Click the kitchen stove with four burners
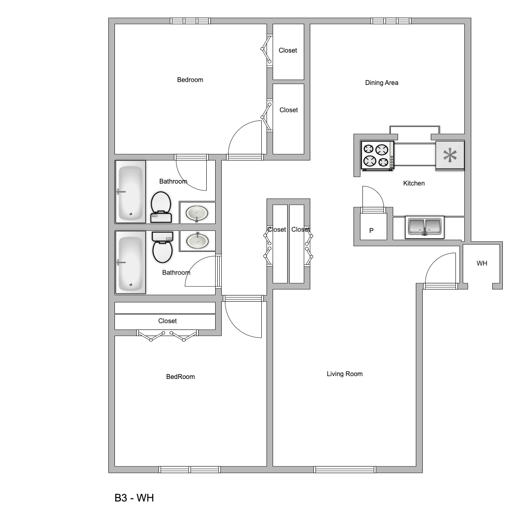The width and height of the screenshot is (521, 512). pyautogui.click(x=377, y=156)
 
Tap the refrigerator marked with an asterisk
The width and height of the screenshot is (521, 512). pyautogui.click(x=449, y=156)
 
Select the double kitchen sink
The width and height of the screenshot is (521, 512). pyautogui.click(x=424, y=226)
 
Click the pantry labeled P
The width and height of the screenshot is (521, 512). pyautogui.click(x=371, y=231)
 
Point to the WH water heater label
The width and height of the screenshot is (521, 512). pyautogui.click(x=482, y=263)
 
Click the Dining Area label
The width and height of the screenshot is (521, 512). pyautogui.click(x=381, y=83)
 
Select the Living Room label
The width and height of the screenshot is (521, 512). pyautogui.click(x=344, y=374)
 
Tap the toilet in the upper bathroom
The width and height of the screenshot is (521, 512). pyautogui.click(x=161, y=207)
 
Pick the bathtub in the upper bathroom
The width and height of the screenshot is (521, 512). pyautogui.click(x=130, y=192)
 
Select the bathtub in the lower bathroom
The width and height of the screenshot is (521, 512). pyautogui.click(x=130, y=262)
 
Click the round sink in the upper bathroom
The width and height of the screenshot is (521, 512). pyautogui.click(x=197, y=213)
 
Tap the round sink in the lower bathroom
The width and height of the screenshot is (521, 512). pyautogui.click(x=197, y=241)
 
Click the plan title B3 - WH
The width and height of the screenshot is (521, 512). pyautogui.click(x=134, y=498)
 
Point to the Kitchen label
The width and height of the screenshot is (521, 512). pyautogui.click(x=414, y=183)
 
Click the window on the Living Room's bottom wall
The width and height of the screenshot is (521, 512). pyautogui.click(x=344, y=470)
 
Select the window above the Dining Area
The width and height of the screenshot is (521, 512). pyautogui.click(x=391, y=21)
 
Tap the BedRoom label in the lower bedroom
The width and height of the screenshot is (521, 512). pyautogui.click(x=180, y=377)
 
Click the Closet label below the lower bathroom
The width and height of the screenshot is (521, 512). pyautogui.click(x=167, y=321)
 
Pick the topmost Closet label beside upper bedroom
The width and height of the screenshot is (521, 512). pyautogui.click(x=288, y=50)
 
